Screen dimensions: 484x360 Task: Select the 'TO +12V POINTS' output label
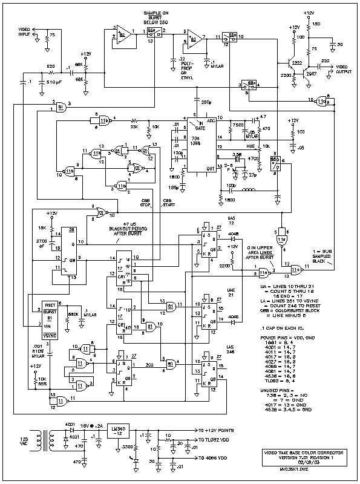tap(225, 431)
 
